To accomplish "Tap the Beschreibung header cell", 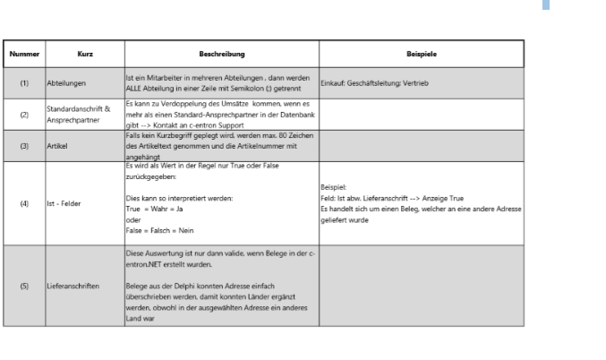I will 219,54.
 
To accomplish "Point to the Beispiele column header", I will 421,54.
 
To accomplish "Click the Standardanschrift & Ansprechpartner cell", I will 76,115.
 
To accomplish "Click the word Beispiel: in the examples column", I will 332,187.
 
